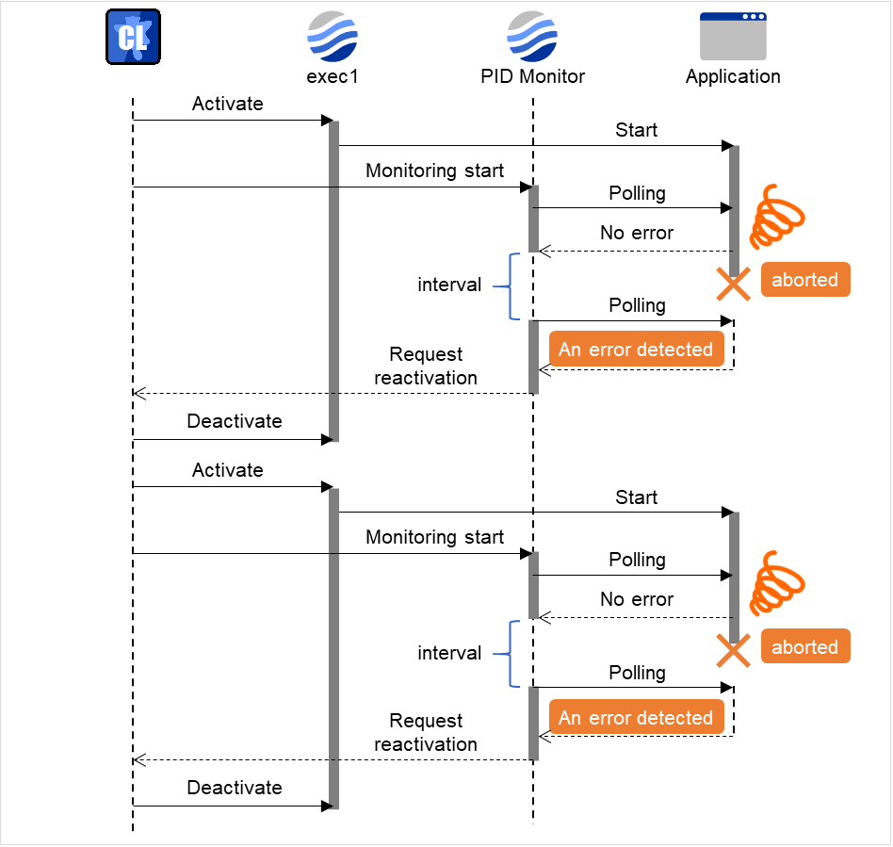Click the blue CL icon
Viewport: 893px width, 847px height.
pyautogui.click(x=132, y=37)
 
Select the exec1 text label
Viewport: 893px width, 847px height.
pyautogui.click(x=333, y=76)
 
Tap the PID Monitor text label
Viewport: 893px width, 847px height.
pyautogui.click(x=532, y=76)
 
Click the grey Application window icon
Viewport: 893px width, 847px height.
pyautogui.click(x=733, y=37)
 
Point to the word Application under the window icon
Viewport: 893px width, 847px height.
pyautogui.click(x=733, y=76)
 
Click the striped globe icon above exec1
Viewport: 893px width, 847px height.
pyautogui.click(x=333, y=37)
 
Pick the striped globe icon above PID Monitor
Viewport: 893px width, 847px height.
pyautogui.click(x=532, y=37)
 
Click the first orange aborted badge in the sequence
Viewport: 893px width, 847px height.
pyautogui.click(x=804, y=280)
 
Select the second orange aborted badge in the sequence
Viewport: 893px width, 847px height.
pyautogui.click(x=804, y=647)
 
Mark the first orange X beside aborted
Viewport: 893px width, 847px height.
pyautogui.click(x=733, y=284)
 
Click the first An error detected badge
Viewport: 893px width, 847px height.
pyautogui.click(x=636, y=350)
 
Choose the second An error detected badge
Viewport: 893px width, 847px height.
pyautogui.click(x=636, y=718)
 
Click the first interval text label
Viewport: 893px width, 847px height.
pyautogui.click(x=449, y=285)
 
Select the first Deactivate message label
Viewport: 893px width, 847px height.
pyautogui.click(x=234, y=421)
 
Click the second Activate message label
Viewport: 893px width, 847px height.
pyautogui.click(x=227, y=470)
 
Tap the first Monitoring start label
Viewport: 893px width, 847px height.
pyautogui.click(x=434, y=171)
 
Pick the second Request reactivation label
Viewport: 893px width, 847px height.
pyautogui.click(x=426, y=732)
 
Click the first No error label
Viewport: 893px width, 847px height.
pyautogui.click(x=637, y=233)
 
